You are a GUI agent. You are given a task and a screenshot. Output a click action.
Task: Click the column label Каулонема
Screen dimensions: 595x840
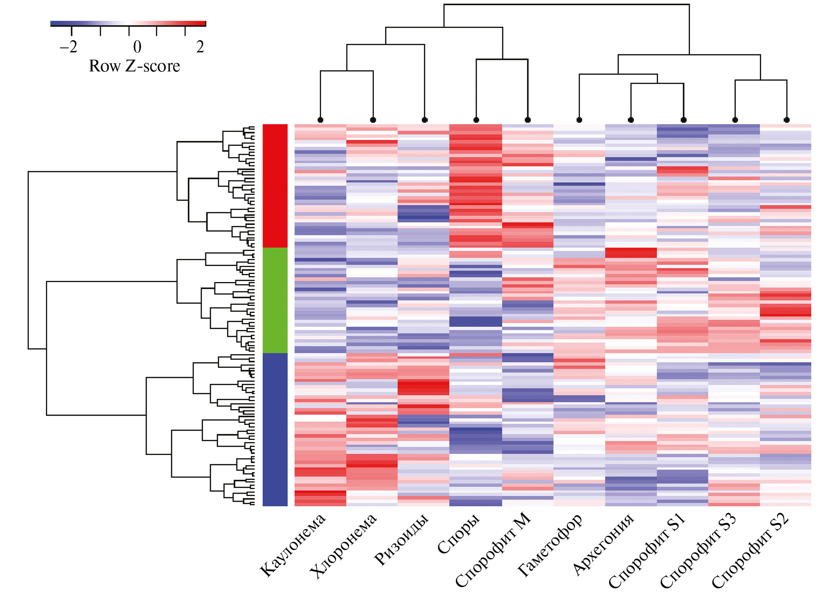293,545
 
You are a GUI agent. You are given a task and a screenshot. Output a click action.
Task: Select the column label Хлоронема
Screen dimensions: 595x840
343,546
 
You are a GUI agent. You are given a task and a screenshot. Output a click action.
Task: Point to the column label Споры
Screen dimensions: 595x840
459,533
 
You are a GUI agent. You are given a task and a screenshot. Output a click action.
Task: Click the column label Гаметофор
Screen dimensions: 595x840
550,545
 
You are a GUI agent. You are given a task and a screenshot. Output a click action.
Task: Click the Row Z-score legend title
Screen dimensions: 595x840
135,66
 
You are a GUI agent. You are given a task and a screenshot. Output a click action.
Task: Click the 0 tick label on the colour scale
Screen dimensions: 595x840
137,47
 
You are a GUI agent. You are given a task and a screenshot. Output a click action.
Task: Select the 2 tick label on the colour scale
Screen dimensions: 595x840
200,47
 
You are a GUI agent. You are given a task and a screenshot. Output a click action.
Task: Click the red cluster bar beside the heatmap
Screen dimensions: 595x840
275,185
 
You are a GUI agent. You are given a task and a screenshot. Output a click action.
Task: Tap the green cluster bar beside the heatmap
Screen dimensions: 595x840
275,300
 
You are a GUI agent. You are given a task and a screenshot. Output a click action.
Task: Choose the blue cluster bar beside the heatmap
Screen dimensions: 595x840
275,429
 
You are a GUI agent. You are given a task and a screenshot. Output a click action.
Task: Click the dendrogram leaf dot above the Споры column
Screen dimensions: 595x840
476,120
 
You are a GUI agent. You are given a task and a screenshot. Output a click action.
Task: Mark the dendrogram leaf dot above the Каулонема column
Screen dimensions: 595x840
321,120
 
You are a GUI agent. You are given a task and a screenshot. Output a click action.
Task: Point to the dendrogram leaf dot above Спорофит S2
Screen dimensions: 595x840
787,120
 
